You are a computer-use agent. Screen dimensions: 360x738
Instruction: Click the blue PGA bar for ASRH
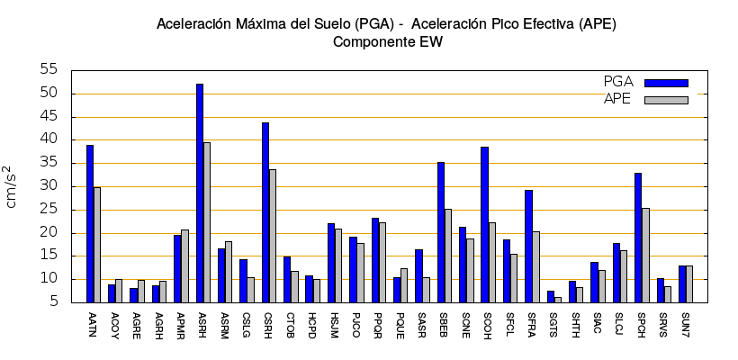200,193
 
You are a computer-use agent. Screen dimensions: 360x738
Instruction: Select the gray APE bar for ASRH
207,222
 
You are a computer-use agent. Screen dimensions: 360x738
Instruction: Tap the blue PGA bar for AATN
90,223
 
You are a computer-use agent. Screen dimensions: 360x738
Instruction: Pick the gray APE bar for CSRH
273,236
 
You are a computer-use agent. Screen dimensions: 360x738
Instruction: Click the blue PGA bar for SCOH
484,224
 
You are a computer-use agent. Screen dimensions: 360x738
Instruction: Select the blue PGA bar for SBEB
441,232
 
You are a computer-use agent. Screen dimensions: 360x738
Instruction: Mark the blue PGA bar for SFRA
528,246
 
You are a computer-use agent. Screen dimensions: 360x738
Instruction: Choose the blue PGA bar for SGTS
551,296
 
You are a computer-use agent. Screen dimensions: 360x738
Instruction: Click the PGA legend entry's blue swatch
666,83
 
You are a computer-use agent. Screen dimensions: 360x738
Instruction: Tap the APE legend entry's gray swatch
666,100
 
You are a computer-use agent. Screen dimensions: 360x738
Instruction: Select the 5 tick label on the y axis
53,302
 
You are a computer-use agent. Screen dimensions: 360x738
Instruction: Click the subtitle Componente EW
387,41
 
